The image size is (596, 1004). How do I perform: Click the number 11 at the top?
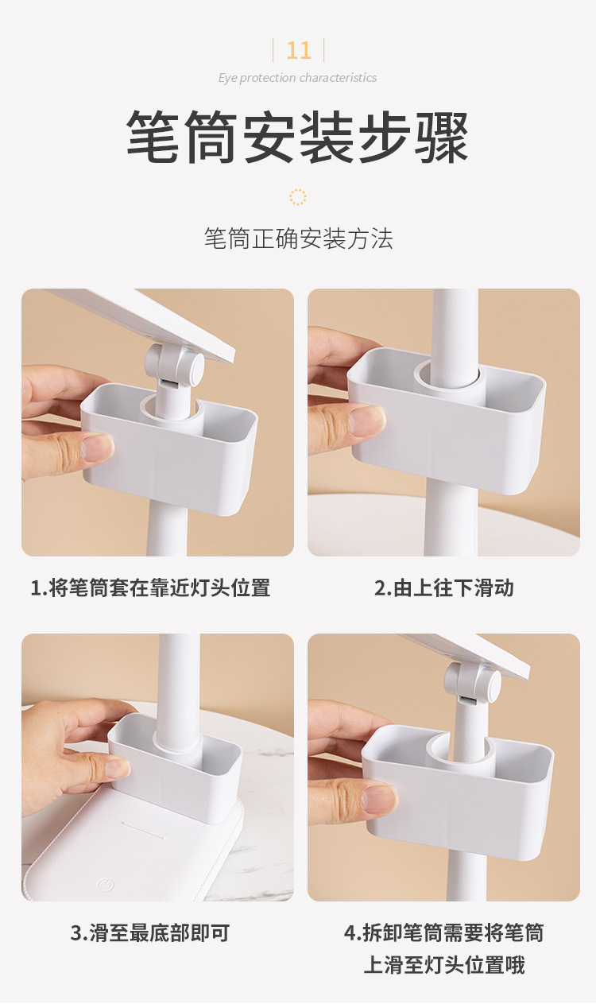(x=298, y=50)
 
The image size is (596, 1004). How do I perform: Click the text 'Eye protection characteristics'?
(x=297, y=78)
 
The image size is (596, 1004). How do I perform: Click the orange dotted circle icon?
(x=298, y=197)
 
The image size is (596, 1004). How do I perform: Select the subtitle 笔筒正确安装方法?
(x=298, y=238)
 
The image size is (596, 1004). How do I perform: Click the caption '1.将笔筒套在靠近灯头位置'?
(x=150, y=588)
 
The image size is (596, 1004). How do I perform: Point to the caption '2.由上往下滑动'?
(x=443, y=588)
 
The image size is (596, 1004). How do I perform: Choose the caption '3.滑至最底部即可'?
(x=150, y=932)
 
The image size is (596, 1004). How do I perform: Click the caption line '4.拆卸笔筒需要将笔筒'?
(x=443, y=932)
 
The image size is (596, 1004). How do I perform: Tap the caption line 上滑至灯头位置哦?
(x=443, y=966)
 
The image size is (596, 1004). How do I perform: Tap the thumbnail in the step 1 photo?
(x=97, y=448)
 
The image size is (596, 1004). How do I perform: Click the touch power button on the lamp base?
(x=104, y=883)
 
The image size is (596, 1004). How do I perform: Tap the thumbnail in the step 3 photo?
(x=116, y=768)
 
